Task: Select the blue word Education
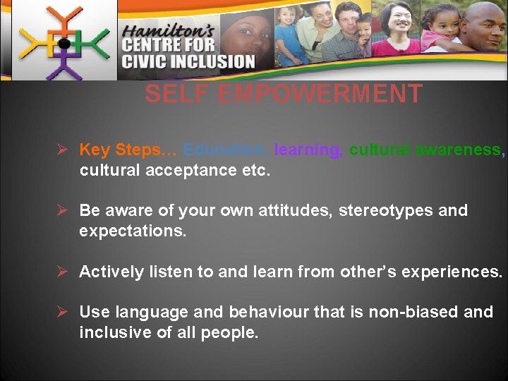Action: coord(225,150)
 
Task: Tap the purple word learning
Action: coord(308,150)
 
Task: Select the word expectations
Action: coord(133,231)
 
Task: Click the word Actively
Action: coord(110,272)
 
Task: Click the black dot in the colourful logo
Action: coord(64,44)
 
